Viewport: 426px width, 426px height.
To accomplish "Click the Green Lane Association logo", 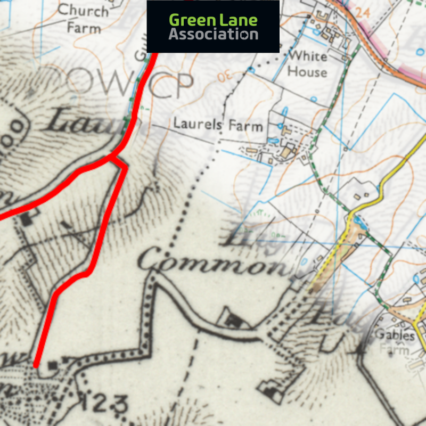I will point(213,27).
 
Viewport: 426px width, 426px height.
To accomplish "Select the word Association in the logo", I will point(214,35).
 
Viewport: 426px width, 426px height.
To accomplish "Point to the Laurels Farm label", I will point(218,126).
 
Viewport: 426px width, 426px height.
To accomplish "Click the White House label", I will point(307,63).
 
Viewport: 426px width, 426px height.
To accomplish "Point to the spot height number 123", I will point(104,404).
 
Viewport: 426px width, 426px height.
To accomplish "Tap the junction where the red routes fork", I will point(111,158).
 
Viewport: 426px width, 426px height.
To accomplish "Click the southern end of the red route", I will point(36,365).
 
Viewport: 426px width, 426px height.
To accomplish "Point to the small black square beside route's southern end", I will point(52,365).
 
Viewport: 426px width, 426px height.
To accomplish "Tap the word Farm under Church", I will point(84,27).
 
